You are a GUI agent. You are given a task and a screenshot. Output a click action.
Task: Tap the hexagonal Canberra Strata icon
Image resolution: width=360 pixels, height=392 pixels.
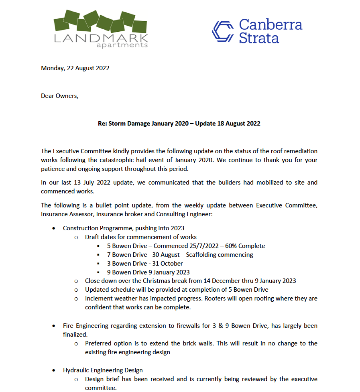click(x=223, y=31)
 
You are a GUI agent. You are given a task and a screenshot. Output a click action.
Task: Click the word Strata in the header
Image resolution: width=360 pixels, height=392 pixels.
click(x=259, y=38)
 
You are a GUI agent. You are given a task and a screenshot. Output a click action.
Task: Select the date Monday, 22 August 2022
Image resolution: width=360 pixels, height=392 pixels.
click(x=75, y=68)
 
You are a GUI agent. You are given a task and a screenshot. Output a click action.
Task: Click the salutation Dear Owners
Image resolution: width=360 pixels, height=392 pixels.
click(x=60, y=96)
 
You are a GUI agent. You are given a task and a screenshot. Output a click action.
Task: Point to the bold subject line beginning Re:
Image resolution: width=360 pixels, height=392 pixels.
click(x=179, y=124)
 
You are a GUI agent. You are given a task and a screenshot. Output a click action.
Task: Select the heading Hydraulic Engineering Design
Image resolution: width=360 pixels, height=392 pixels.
click(x=103, y=370)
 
